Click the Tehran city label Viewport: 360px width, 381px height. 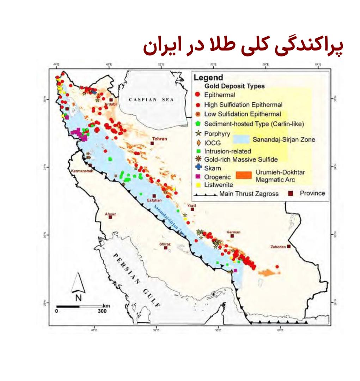(160, 139)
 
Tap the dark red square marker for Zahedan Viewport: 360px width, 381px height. (289, 247)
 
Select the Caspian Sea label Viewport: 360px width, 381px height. (151, 100)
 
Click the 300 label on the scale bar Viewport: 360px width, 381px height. (102, 312)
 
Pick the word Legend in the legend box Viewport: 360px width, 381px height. (209, 78)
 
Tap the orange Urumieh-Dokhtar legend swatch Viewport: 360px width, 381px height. (244, 175)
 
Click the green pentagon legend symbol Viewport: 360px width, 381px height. (198, 124)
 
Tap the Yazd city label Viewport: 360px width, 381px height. (191, 205)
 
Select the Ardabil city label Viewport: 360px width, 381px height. (110, 104)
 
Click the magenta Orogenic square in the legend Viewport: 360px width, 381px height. (198, 176)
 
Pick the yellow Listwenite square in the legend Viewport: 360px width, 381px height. (198, 185)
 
